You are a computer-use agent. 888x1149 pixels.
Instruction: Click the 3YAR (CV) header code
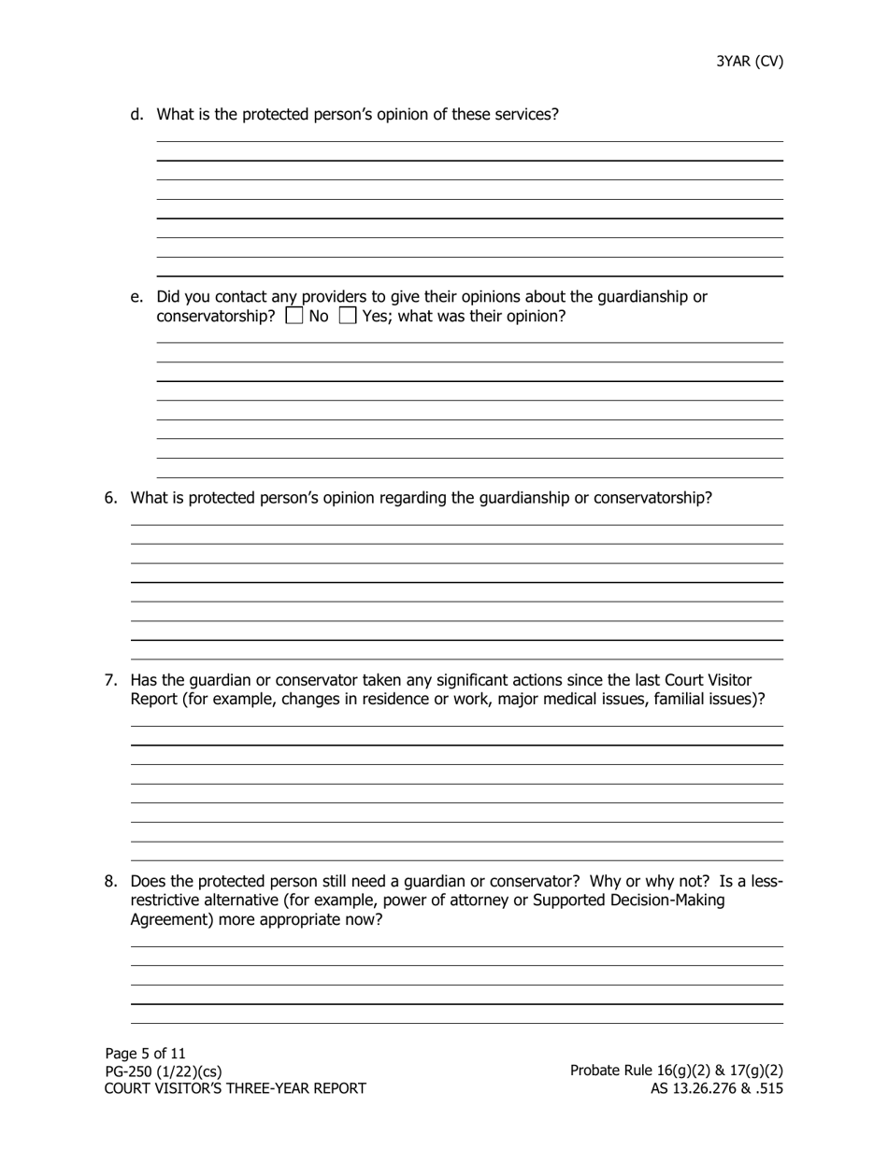(x=750, y=62)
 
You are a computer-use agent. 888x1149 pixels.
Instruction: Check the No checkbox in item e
(x=294, y=316)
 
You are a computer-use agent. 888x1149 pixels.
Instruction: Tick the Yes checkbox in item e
(x=348, y=316)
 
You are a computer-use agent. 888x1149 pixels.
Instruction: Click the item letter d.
(x=137, y=114)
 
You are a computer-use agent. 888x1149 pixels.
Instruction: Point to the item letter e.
(x=137, y=297)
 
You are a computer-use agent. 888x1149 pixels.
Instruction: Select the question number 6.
(x=110, y=498)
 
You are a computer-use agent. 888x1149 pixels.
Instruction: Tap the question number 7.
(x=110, y=680)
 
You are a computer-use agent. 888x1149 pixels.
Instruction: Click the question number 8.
(x=110, y=881)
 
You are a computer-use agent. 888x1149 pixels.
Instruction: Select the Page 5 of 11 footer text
(x=145, y=1054)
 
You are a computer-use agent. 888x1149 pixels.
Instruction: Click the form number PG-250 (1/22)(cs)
(x=164, y=1071)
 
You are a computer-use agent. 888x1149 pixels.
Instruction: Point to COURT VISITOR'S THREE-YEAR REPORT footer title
(x=235, y=1088)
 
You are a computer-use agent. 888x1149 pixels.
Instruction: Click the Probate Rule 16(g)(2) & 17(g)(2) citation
(x=677, y=1071)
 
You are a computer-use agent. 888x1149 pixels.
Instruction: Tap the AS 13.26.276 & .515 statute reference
(x=717, y=1088)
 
